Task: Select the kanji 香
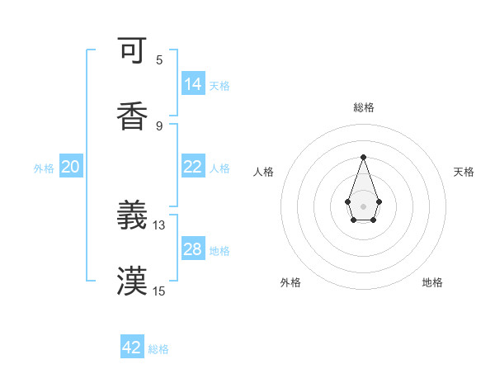coord(132,116)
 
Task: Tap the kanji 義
coord(132,216)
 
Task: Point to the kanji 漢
coord(132,282)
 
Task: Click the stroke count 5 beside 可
coord(159,60)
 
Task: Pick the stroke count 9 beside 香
coord(159,125)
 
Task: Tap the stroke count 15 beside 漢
coord(159,291)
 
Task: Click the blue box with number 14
coord(193,84)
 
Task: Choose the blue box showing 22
coord(193,167)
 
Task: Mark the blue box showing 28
coord(193,249)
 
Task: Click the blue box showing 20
coord(71,167)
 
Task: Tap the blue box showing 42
coord(132,348)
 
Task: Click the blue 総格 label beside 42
coord(158,349)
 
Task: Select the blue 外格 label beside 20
coord(44,168)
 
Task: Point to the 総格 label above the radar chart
coord(363,107)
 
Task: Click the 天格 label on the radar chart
coord(464,172)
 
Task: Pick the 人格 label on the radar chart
coord(264,172)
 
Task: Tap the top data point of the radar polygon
coord(363,157)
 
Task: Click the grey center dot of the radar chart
coord(363,205)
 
